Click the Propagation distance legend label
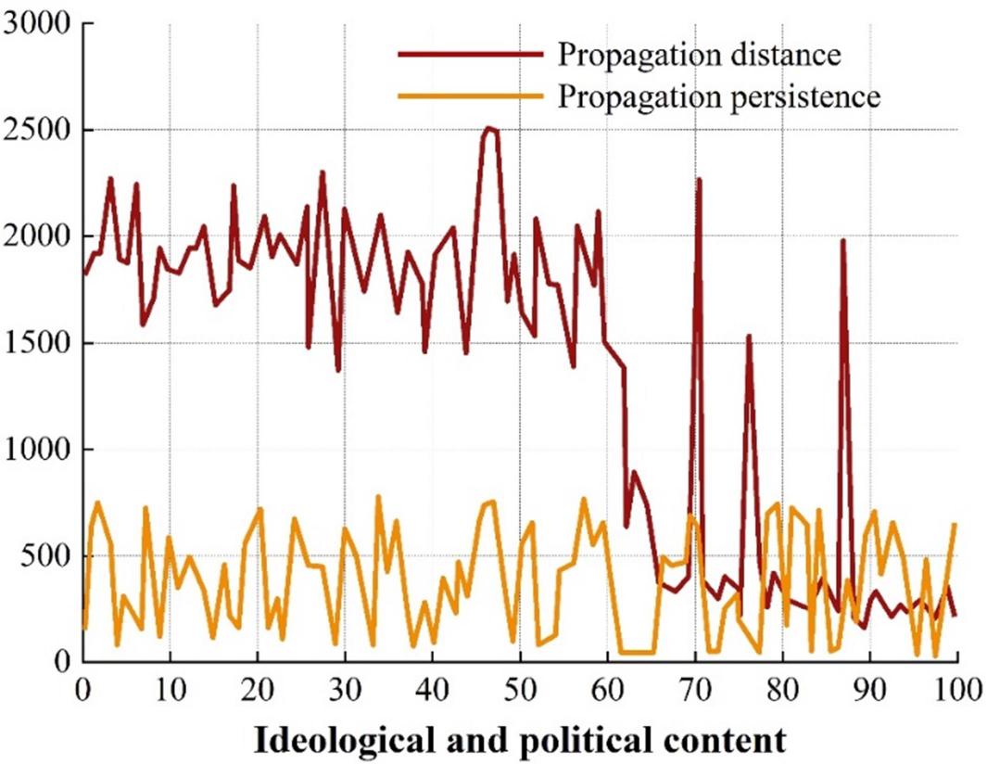click(x=698, y=55)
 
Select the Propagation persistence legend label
click(x=717, y=96)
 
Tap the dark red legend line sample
click(x=470, y=55)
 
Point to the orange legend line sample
click(x=470, y=96)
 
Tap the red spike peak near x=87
click(x=843, y=241)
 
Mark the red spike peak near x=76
click(x=748, y=337)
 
